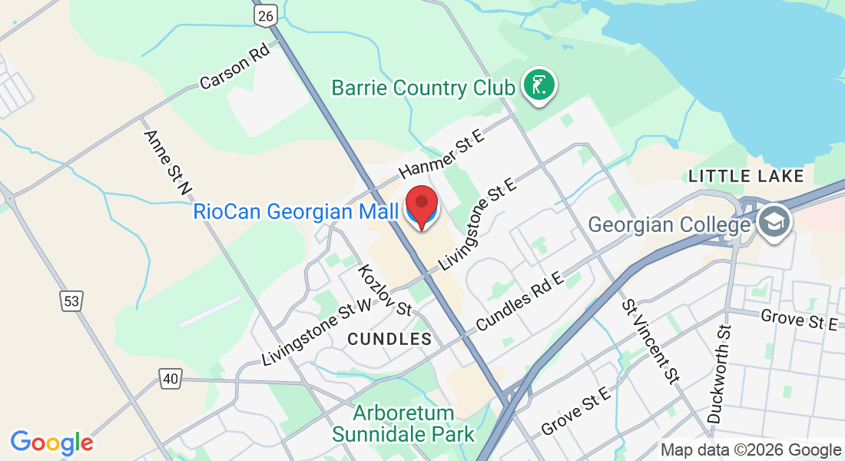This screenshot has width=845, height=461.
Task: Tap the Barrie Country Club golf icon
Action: (x=539, y=85)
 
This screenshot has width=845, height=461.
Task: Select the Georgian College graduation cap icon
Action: (x=772, y=223)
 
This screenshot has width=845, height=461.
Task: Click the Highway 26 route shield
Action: (x=265, y=15)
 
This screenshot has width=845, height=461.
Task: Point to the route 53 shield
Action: (x=71, y=302)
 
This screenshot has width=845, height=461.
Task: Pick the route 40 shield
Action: (x=171, y=378)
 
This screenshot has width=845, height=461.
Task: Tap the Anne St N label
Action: (x=167, y=161)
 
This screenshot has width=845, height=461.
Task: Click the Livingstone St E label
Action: (x=478, y=223)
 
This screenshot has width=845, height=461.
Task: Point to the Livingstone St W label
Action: (x=317, y=333)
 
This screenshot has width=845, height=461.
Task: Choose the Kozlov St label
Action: (x=385, y=290)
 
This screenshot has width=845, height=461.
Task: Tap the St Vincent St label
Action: (x=652, y=342)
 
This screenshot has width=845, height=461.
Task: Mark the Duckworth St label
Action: (x=720, y=373)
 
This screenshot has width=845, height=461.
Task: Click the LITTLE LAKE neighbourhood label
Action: (x=746, y=177)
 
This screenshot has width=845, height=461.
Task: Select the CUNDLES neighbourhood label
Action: (x=389, y=339)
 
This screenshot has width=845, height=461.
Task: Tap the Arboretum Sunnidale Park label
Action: (x=403, y=424)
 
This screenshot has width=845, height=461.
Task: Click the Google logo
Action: (x=51, y=443)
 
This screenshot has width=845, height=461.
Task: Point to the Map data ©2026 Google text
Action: (x=751, y=450)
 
